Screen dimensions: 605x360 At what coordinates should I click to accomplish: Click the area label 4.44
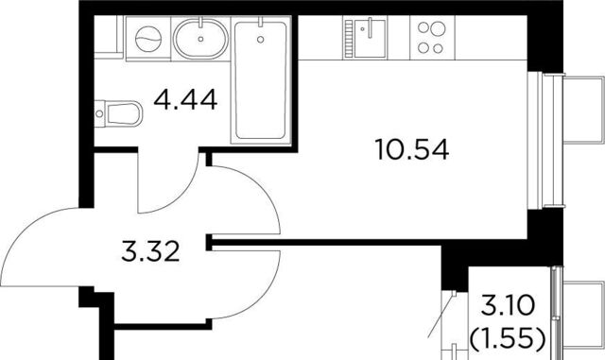click(x=185, y=100)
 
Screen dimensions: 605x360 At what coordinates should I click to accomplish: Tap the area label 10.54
click(x=412, y=149)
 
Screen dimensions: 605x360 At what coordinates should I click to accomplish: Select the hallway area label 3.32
click(x=150, y=250)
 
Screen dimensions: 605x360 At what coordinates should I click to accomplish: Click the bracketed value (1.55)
click(x=508, y=337)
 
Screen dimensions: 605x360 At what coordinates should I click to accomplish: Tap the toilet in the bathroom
click(x=118, y=113)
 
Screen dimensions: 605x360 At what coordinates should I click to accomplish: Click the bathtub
click(x=261, y=80)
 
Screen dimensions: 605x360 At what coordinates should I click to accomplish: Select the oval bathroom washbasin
click(x=200, y=39)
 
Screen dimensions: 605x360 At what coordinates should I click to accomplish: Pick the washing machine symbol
click(x=148, y=39)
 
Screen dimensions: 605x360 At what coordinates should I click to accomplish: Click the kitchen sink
click(x=370, y=38)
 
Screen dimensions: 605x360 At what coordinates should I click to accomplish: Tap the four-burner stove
click(x=432, y=38)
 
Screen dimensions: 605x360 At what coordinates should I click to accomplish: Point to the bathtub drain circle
click(x=261, y=39)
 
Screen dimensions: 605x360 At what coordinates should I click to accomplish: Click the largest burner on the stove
click(x=439, y=28)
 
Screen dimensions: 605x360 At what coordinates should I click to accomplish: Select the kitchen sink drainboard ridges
click(x=349, y=39)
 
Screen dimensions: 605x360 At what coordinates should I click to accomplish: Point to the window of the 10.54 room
click(x=546, y=141)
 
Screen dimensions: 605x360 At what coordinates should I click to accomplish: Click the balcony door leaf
click(x=442, y=314)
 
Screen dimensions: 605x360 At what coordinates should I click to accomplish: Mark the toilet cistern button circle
click(x=99, y=113)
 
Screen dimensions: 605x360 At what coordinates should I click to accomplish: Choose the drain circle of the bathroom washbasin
click(x=200, y=39)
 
